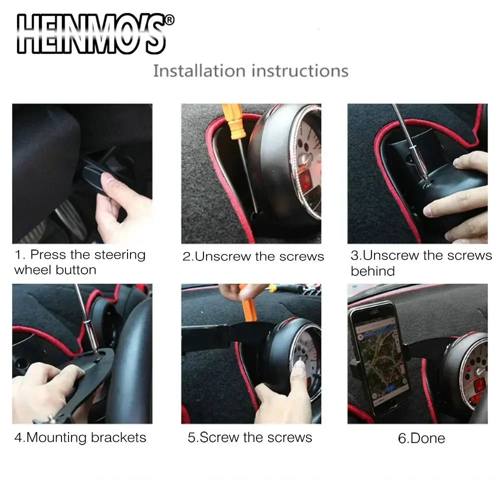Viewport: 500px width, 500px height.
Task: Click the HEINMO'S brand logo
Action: tap(91, 34)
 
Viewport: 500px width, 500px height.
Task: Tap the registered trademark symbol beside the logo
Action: tap(170, 20)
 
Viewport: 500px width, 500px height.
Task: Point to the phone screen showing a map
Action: tap(380, 358)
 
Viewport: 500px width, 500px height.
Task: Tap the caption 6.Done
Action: tap(421, 438)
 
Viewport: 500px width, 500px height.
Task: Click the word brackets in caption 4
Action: tap(118, 437)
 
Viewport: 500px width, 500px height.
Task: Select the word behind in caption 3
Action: tap(373, 271)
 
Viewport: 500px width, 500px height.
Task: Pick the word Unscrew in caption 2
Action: tap(223, 256)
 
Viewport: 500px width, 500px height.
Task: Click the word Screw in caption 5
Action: tap(219, 437)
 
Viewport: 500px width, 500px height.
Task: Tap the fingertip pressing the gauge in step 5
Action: tap(299, 366)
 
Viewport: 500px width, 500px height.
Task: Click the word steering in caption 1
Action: tap(120, 255)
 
